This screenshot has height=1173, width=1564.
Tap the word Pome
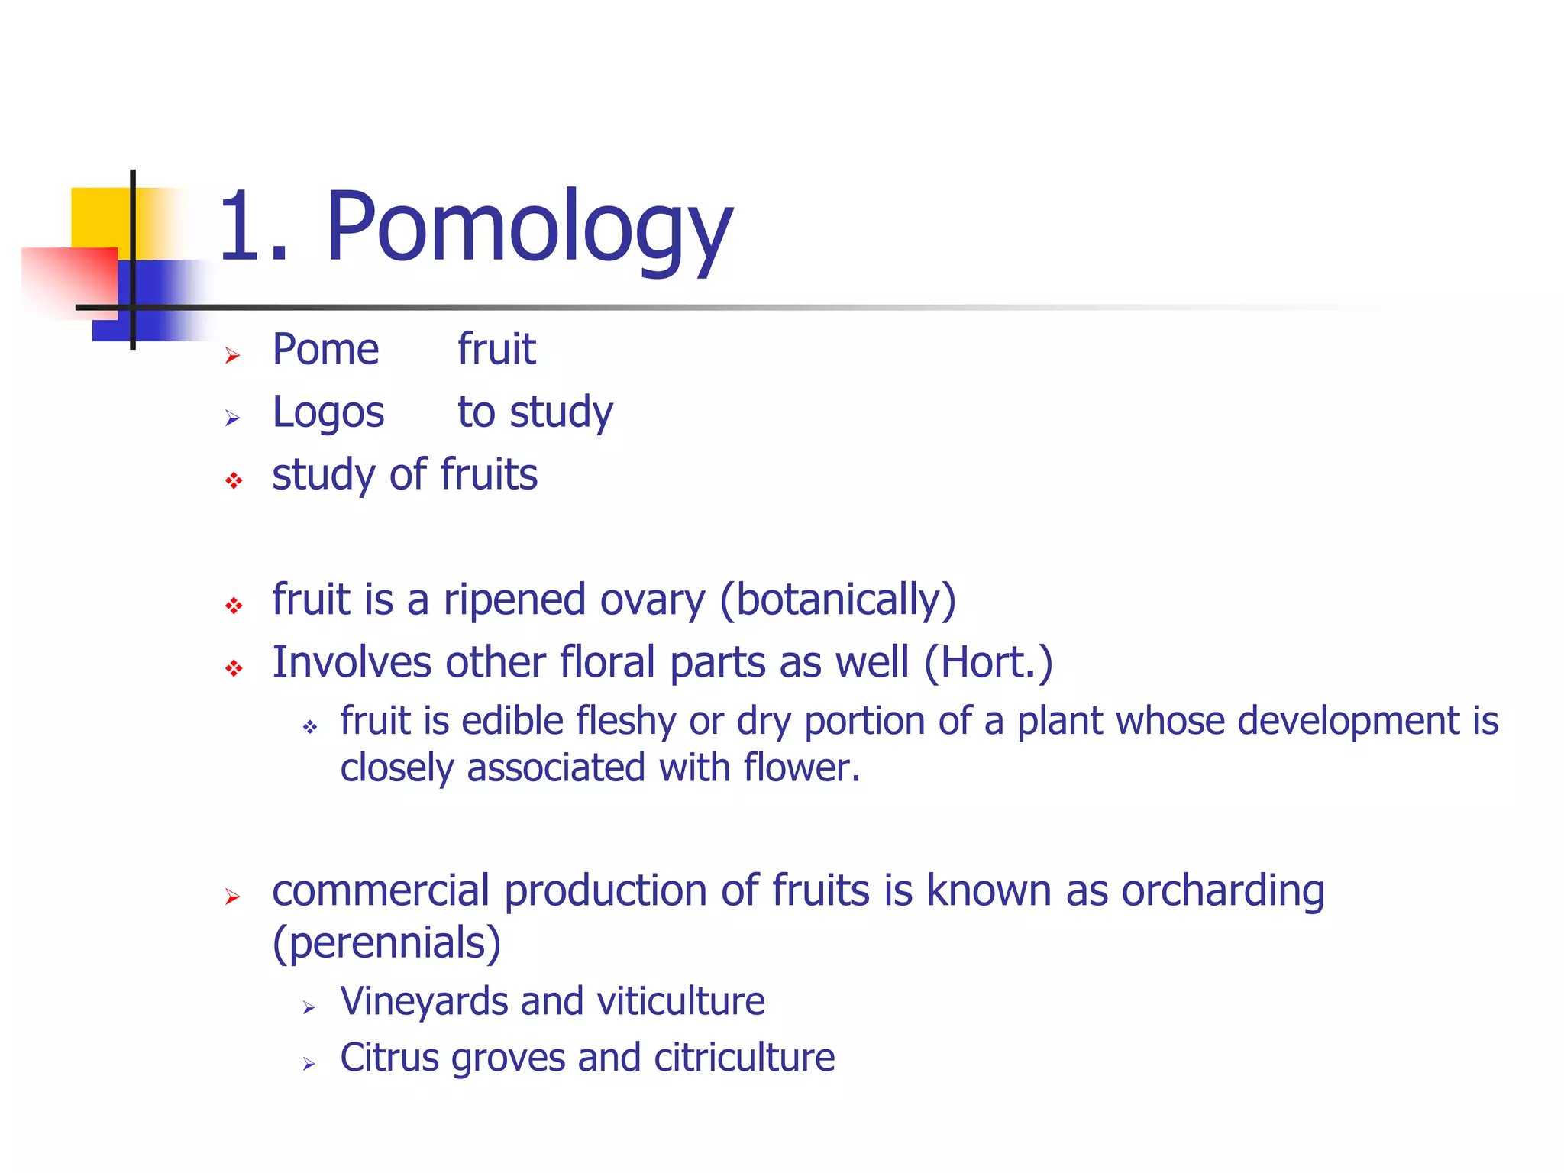point(325,351)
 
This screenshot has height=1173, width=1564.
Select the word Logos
point(328,413)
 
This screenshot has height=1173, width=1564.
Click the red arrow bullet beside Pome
point(233,355)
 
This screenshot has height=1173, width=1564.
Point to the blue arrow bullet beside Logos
point(233,418)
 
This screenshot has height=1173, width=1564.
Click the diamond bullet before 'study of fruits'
point(234,480)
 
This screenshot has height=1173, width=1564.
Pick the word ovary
point(652,601)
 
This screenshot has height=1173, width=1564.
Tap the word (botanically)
point(838,601)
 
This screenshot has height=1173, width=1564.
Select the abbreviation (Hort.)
point(988,663)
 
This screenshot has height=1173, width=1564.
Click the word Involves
point(351,662)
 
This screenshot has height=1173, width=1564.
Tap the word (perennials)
point(386,943)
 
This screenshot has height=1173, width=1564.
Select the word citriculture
point(744,1058)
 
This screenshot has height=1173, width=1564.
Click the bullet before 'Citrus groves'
point(309,1064)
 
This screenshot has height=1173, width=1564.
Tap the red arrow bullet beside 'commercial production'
point(233,897)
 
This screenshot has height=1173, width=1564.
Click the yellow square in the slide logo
point(99,217)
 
